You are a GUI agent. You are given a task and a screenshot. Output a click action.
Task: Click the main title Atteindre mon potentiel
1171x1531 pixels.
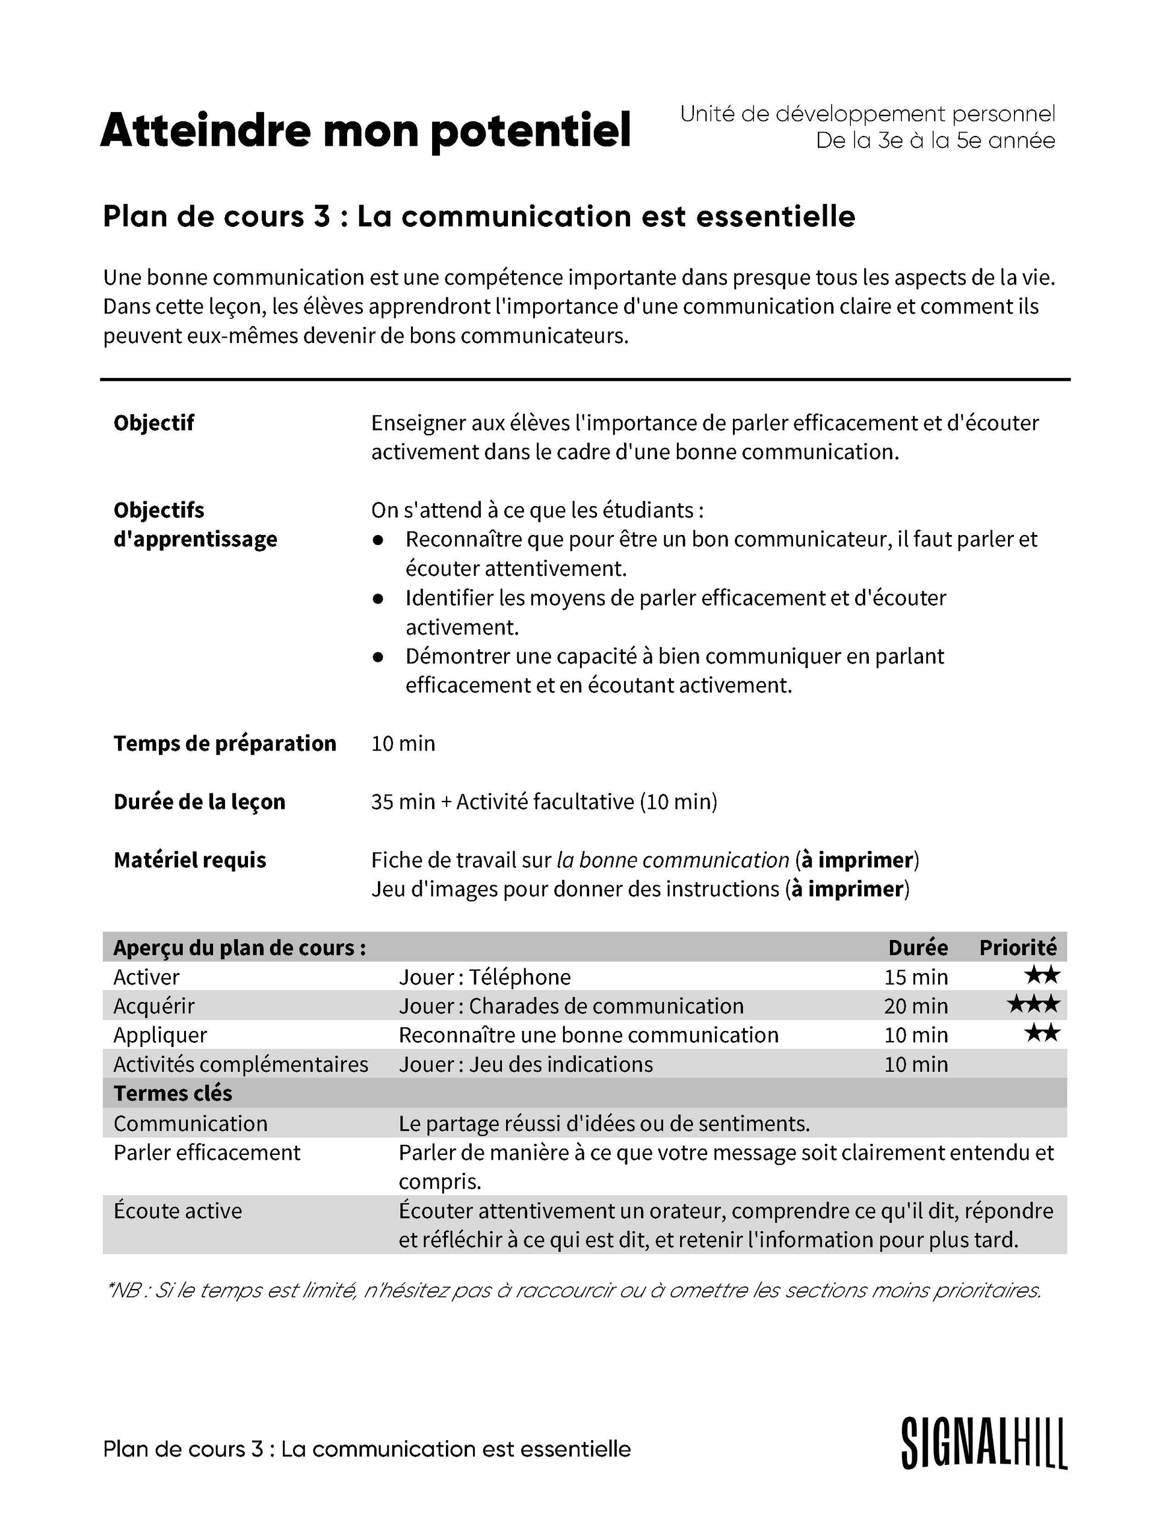(365, 131)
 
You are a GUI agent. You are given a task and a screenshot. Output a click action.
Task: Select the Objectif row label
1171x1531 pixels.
(153, 422)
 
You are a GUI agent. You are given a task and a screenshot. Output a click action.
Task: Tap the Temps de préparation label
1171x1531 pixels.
(224, 743)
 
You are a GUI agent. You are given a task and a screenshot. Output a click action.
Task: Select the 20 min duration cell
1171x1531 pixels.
(916, 1006)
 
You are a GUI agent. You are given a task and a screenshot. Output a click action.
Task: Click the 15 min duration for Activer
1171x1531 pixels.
(916, 977)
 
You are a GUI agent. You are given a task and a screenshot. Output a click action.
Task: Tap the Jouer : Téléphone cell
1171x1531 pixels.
(484, 977)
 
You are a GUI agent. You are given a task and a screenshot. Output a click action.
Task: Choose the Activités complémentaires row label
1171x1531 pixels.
(241, 1064)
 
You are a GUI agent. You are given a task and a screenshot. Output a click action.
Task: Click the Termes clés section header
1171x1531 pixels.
(173, 1093)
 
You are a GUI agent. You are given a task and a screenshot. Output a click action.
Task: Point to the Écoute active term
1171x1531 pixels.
(178, 1210)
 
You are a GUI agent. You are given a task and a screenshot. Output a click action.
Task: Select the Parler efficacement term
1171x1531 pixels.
(207, 1152)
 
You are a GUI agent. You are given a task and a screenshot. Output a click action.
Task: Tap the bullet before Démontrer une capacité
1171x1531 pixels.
(378, 657)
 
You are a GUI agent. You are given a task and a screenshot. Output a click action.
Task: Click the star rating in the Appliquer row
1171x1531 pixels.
(1042, 1034)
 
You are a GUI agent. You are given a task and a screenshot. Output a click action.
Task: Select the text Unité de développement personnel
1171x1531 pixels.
(867, 114)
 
